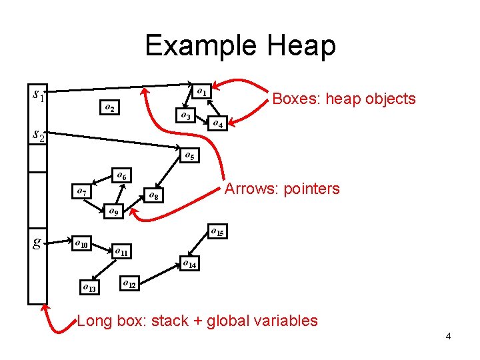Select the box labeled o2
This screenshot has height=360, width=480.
pos(108,108)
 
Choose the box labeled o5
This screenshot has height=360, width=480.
pos(190,157)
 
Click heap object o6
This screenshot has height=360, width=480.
pos(121,176)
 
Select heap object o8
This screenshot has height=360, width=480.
pos(153,196)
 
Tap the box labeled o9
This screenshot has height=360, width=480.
pos(113,213)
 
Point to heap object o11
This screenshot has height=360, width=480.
pos(122,252)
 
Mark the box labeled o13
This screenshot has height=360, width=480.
pos(88,288)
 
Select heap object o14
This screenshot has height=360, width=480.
pos(189,264)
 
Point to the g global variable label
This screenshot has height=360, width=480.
pos(38,241)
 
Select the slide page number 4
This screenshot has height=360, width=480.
pos(448,336)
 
